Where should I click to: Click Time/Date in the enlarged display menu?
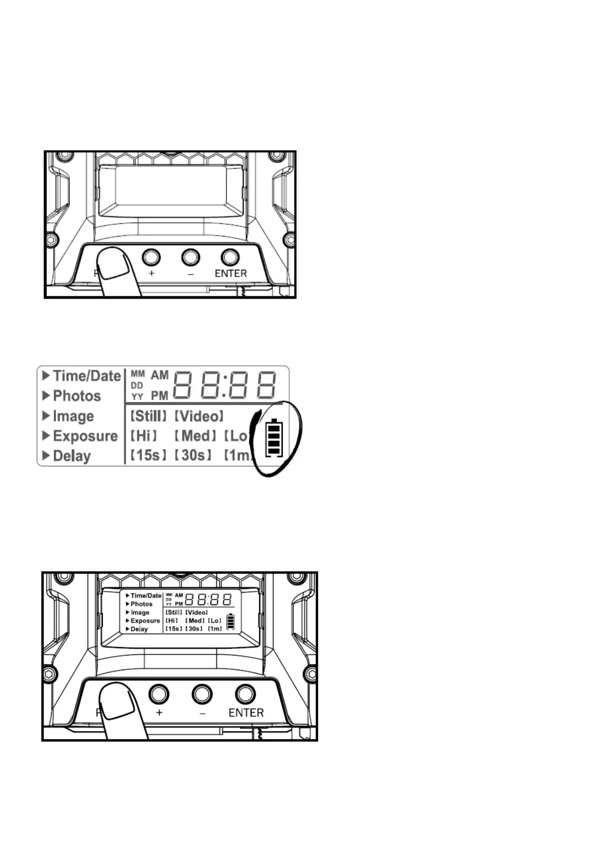click(87, 376)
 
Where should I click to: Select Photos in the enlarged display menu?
click(77, 396)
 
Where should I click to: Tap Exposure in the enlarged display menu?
click(85, 436)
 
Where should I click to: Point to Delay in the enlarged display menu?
click(71, 456)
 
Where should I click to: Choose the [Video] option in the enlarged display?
click(199, 416)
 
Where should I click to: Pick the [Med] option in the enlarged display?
click(196, 436)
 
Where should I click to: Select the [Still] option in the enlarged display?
click(148, 416)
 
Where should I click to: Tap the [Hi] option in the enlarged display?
click(144, 436)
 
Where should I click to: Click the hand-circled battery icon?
click(274, 438)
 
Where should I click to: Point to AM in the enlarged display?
click(160, 375)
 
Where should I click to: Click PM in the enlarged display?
click(160, 396)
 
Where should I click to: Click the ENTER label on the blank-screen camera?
click(231, 274)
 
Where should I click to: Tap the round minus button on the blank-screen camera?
click(191, 257)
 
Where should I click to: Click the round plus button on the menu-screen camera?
click(159, 694)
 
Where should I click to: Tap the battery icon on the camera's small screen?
click(231, 622)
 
